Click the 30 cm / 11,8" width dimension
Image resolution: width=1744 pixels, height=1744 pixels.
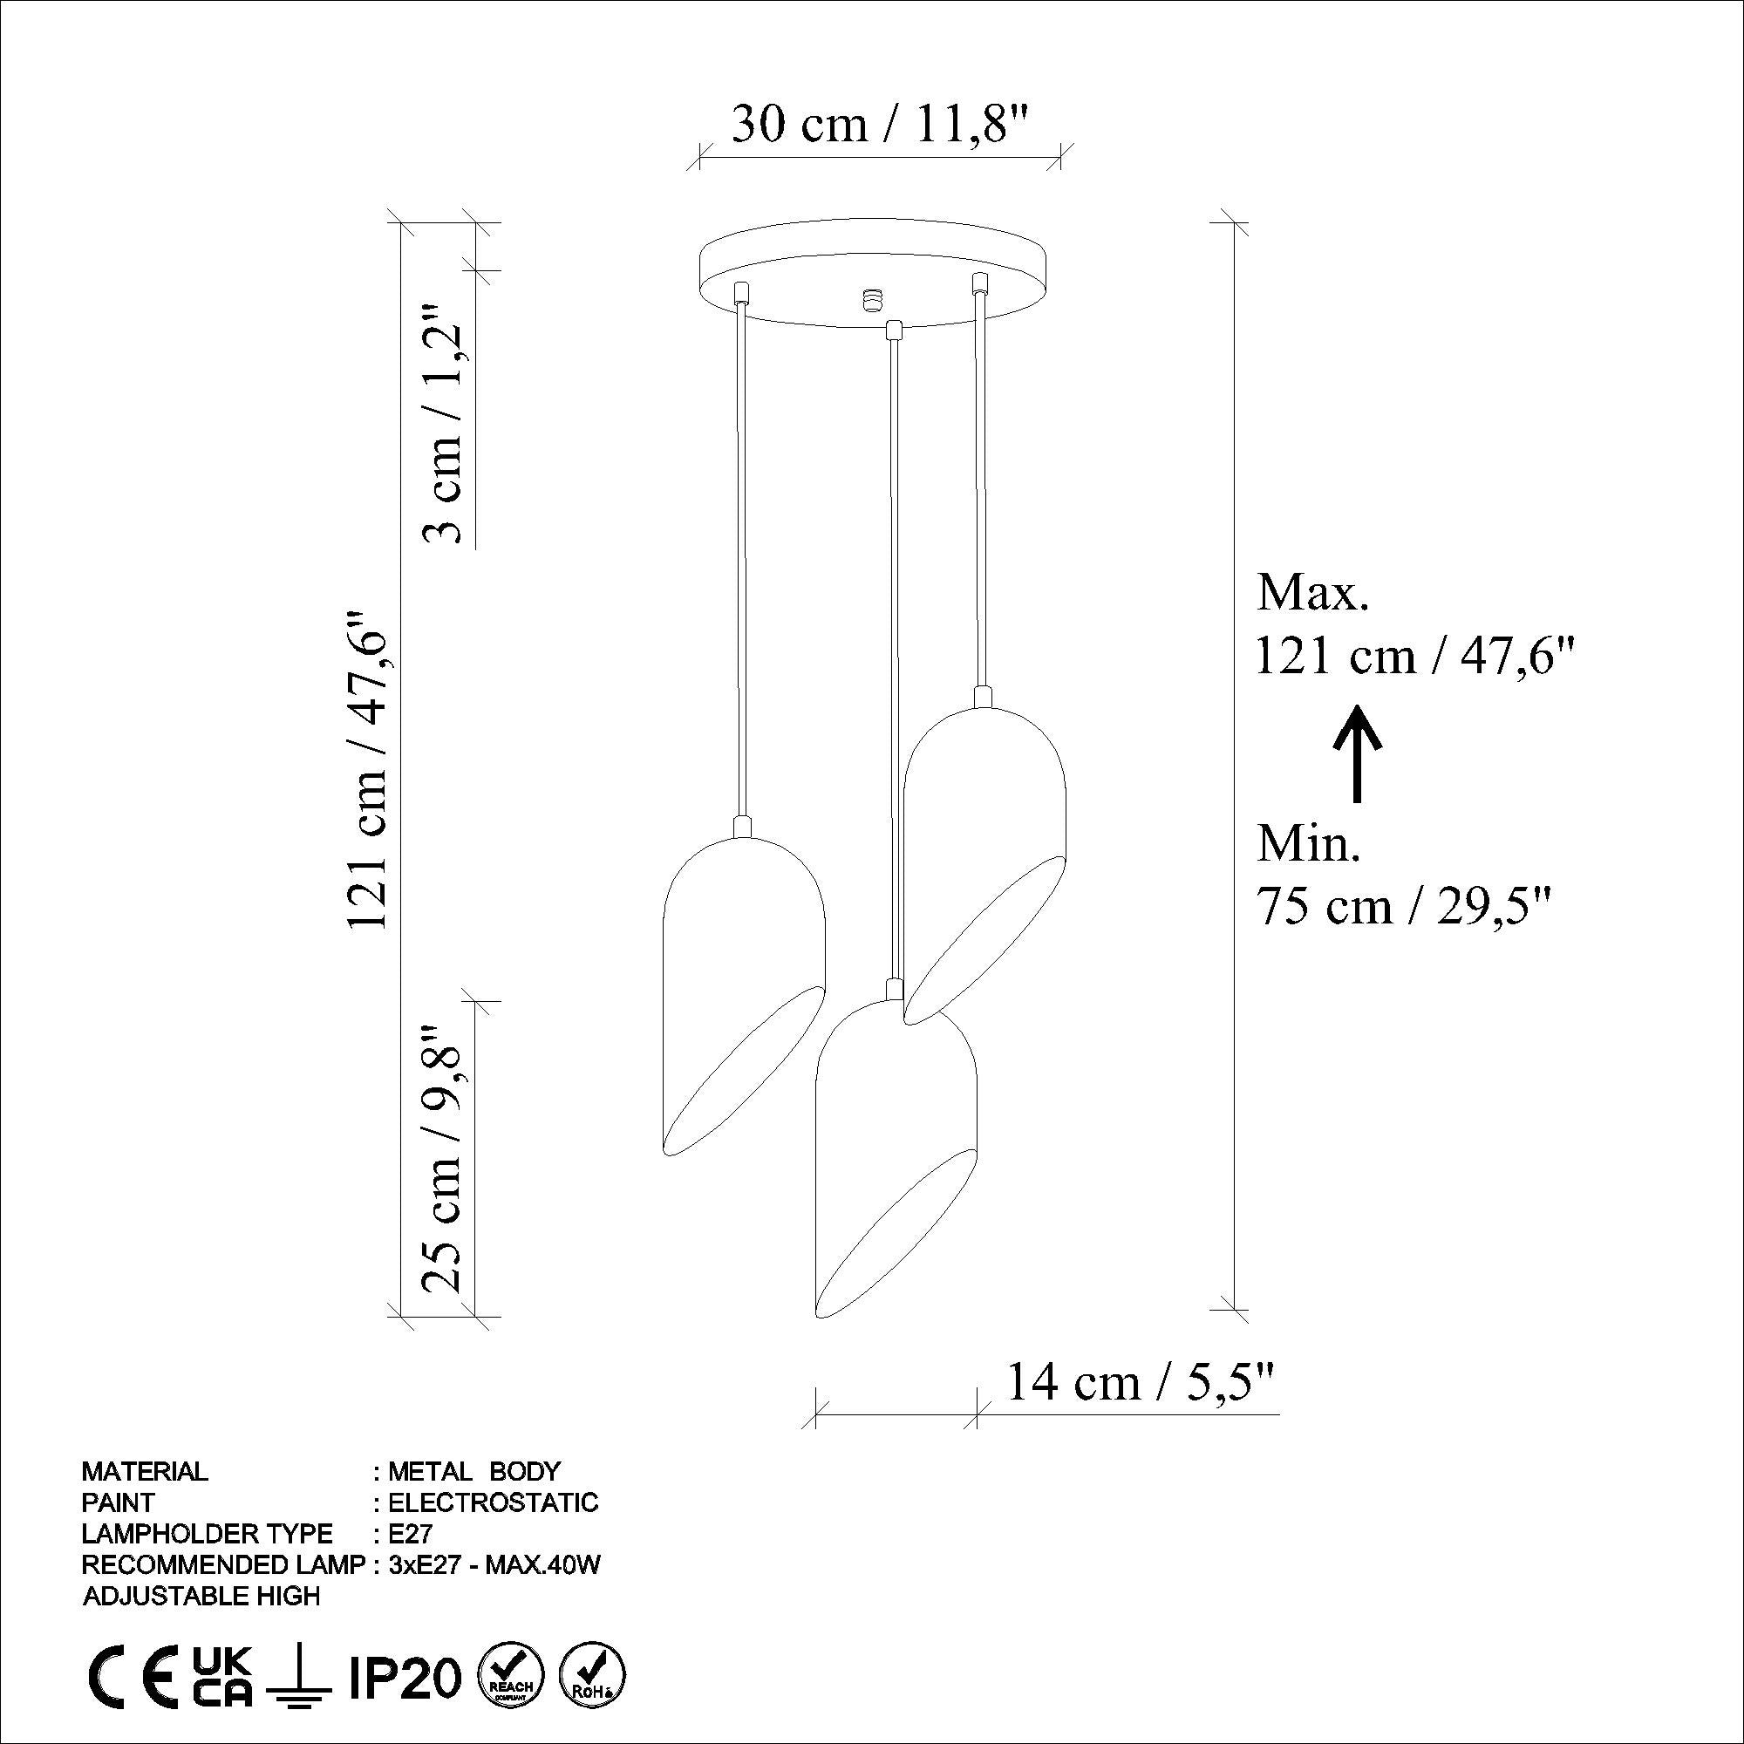point(879,125)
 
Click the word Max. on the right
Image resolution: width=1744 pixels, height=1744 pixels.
point(1313,595)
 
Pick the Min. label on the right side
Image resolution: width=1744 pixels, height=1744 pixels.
point(1308,844)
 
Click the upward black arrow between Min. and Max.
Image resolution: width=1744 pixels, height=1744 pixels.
point(1355,754)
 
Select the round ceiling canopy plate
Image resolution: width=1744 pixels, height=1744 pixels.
point(875,271)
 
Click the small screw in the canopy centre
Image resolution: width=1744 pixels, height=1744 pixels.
point(872,298)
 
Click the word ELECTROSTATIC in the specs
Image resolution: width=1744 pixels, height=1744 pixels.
point(493,1502)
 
